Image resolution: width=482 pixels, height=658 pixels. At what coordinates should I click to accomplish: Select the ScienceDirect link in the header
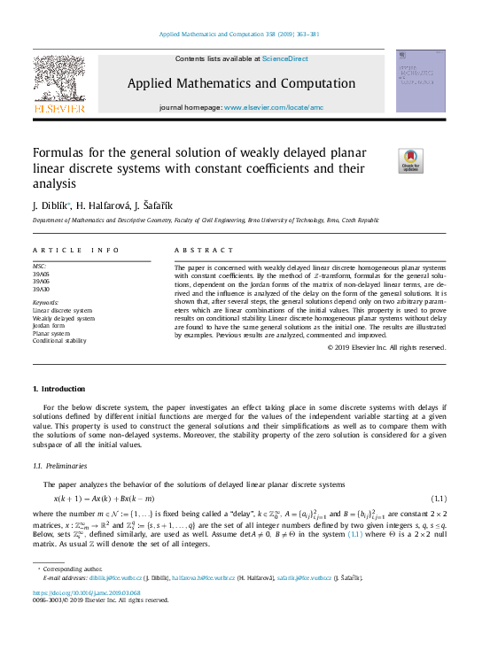click(x=284, y=58)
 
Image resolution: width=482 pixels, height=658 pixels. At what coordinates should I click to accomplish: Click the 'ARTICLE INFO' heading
click(x=75, y=251)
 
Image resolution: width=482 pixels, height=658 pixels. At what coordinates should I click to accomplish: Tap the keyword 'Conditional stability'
click(x=59, y=340)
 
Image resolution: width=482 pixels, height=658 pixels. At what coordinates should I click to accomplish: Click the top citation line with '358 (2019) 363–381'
click(x=240, y=35)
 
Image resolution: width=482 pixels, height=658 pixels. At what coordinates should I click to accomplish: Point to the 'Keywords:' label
click(x=46, y=303)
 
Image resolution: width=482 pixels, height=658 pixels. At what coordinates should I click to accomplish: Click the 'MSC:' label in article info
click(x=39, y=266)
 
